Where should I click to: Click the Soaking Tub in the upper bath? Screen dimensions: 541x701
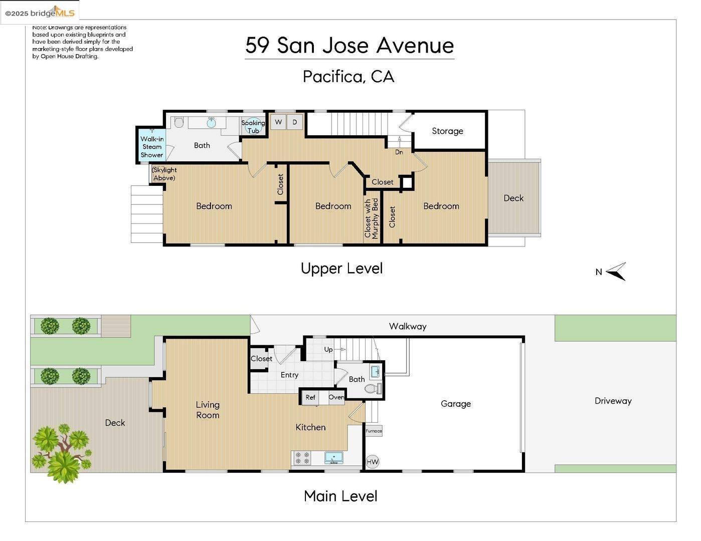tap(253, 126)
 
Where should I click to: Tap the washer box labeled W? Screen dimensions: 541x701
tap(278, 122)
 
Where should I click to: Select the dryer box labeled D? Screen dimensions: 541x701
tap(295, 122)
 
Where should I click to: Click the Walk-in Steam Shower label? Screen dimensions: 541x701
tap(151, 146)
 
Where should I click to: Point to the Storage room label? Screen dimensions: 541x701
tap(447, 131)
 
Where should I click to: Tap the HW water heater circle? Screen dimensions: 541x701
tap(372, 462)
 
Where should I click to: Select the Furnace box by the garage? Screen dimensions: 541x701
tap(374, 431)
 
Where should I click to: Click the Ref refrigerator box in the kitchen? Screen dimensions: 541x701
tap(310, 397)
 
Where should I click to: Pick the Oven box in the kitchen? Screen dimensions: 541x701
tap(336, 397)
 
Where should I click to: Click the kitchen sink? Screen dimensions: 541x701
tap(333, 457)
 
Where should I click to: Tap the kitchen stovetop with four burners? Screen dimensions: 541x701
tap(302, 458)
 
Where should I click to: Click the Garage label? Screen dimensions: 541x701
tap(455, 404)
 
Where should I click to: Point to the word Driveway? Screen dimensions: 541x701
tap(613, 401)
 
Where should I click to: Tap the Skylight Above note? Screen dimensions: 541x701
tap(164, 174)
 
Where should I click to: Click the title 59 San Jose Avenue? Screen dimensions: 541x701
tap(349, 45)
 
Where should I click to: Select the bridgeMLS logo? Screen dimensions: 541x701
tap(40, 13)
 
